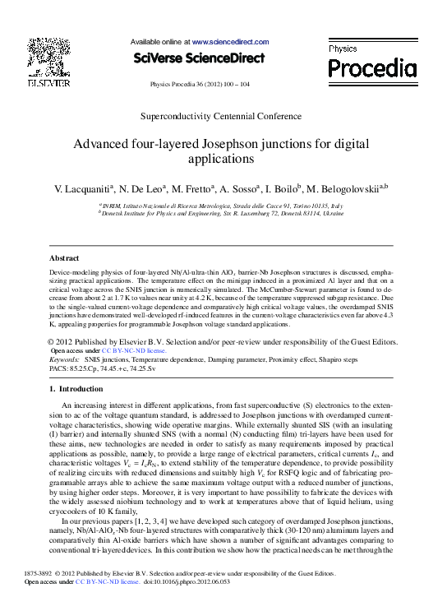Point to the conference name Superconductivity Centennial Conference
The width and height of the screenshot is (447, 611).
222,117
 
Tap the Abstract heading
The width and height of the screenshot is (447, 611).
65,258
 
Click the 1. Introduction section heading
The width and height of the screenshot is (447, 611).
76,388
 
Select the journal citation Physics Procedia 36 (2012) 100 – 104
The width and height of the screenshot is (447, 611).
200,84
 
